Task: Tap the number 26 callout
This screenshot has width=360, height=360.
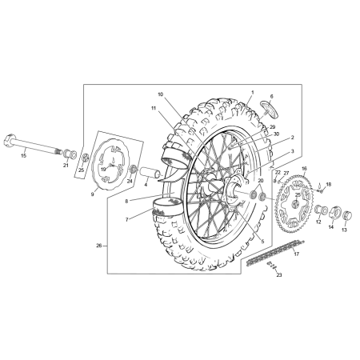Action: tap(98, 246)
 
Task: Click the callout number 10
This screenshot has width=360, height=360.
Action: tap(160, 94)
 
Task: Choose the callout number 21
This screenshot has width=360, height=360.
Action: tap(66, 165)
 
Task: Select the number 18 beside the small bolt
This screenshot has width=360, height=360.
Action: tap(327, 185)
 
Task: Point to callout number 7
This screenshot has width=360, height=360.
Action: tap(126, 218)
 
